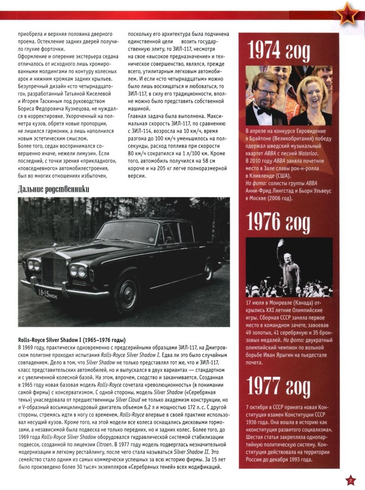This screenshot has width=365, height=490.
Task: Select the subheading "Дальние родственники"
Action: click(53, 189)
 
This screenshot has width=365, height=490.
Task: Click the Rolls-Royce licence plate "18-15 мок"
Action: click(48, 293)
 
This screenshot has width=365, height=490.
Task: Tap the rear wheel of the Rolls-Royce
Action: click(208, 271)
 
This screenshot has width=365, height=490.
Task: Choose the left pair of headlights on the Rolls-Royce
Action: click(34, 265)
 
